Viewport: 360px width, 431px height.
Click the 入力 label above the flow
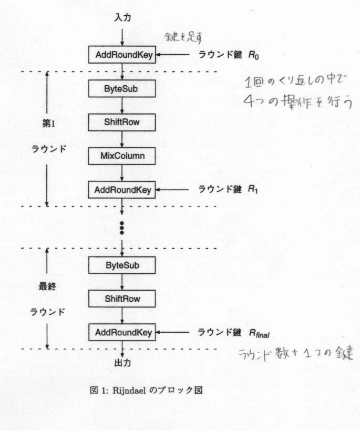coord(122,18)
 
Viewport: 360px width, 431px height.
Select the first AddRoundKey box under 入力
coord(122,55)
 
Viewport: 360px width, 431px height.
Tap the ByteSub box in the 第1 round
coord(122,88)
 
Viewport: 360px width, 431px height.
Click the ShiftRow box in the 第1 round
coord(122,122)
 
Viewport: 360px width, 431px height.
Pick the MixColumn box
coord(122,156)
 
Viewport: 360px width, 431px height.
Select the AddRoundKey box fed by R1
coord(122,189)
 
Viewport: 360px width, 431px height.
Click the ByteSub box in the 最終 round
coord(122,265)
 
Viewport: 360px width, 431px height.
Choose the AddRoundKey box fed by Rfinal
coord(122,332)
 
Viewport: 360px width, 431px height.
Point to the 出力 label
coord(122,362)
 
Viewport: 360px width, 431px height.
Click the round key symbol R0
coord(254,55)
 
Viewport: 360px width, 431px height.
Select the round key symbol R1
coord(254,190)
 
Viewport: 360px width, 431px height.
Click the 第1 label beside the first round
coord(49,124)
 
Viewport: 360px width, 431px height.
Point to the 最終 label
coord(47,287)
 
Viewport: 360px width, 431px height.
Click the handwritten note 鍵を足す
coord(180,37)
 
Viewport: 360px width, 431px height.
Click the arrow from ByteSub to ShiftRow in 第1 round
coord(122,105)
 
